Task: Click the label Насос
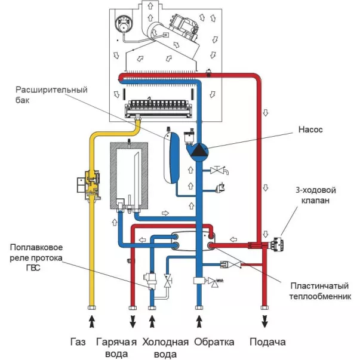pyautogui.click(x=310, y=130)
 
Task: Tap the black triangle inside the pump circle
pyautogui.click(x=198, y=150)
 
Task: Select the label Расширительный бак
pyautogui.click(x=51, y=94)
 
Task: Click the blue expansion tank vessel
pyautogui.click(x=172, y=158)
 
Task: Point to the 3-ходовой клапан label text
pyautogui.click(x=315, y=195)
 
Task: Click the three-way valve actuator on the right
pyautogui.click(x=276, y=244)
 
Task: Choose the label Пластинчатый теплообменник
pyautogui.click(x=320, y=291)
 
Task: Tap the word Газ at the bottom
pyautogui.click(x=78, y=342)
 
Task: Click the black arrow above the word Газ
pyautogui.click(x=91, y=321)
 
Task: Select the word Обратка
pyautogui.click(x=214, y=342)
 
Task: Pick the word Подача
pyautogui.click(x=267, y=342)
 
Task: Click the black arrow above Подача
pyautogui.click(x=264, y=321)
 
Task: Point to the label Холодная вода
pyautogui.click(x=165, y=348)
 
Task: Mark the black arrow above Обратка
pyautogui.click(x=199, y=321)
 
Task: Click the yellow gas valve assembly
pyautogui.click(x=89, y=184)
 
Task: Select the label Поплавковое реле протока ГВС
pyautogui.click(x=36, y=257)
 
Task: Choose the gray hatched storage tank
pyautogui.click(x=129, y=176)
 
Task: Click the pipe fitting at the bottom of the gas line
pyautogui.click(x=91, y=307)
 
